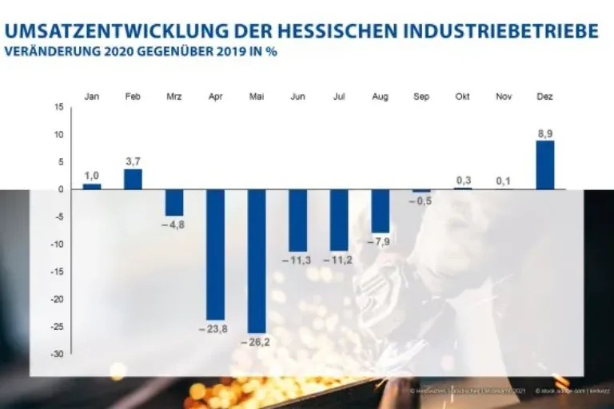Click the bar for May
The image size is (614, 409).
[257, 260]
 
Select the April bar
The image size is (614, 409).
[216, 254]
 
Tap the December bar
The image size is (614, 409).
[544, 165]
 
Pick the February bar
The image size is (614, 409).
[133, 179]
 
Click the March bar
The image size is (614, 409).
[174, 203]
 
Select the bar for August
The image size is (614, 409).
[380, 211]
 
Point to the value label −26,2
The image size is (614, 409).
[257, 340]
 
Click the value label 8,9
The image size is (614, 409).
[544, 133]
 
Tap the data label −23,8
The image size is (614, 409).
[215, 328]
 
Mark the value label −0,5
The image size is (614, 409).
[421, 201]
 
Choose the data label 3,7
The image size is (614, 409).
[133, 161]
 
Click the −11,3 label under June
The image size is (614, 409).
[297, 260]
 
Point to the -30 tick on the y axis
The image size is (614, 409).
[58, 354]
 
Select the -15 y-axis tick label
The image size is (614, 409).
[58, 272]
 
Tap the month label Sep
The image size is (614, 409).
[421, 97]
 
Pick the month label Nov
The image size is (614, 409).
[504, 97]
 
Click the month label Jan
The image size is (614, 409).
[92, 97]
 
